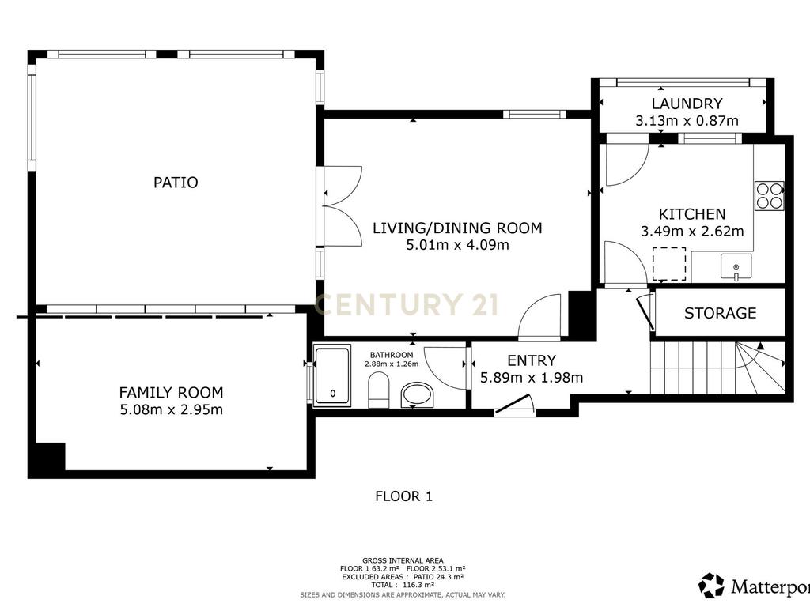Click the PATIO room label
[176, 183]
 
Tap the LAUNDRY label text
[687, 104]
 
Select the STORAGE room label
[720, 313]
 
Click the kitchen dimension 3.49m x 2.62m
[692, 232]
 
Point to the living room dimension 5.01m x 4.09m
[458, 245]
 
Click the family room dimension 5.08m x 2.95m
[172, 410]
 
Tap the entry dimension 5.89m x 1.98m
[532, 378]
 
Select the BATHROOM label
[392, 355]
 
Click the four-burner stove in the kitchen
[770, 196]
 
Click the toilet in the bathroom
[379, 390]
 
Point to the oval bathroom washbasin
[417, 395]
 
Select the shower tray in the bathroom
[333, 375]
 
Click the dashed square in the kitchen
[669, 264]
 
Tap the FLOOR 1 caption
[404, 496]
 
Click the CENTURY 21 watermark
[407, 304]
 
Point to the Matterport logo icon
[711, 586]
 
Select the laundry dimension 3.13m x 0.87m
[687, 121]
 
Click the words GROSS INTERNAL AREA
[403, 560]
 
